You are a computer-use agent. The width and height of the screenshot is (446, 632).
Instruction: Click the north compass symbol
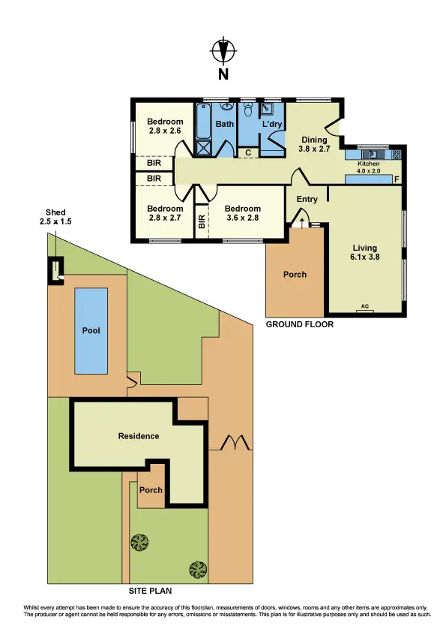223,52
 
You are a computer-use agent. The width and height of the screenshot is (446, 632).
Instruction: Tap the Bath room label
225,125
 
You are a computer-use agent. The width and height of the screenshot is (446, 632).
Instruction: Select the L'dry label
271,125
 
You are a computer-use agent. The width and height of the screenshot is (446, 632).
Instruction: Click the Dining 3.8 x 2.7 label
315,144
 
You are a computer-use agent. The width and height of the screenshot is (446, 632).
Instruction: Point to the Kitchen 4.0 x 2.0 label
369,167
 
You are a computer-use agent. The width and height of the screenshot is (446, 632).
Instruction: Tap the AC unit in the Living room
365,307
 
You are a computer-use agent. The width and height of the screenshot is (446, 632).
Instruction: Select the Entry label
307,199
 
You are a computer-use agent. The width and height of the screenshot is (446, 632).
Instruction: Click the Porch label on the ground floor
295,274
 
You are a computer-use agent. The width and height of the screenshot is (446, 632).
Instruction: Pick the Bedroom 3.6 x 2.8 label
242,213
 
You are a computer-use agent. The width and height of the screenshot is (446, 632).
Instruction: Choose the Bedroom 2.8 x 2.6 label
165,126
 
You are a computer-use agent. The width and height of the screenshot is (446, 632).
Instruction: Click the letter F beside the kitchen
397,179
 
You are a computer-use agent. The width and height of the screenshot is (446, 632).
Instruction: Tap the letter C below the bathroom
247,152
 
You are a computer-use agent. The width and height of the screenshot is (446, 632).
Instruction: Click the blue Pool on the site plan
91,330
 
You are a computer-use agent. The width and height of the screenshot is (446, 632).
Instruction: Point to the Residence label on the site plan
139,435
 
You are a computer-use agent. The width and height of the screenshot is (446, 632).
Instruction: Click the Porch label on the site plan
151,490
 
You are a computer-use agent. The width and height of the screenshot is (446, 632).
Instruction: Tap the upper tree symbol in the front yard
139,540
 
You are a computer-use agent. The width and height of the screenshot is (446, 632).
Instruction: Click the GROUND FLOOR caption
300,325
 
